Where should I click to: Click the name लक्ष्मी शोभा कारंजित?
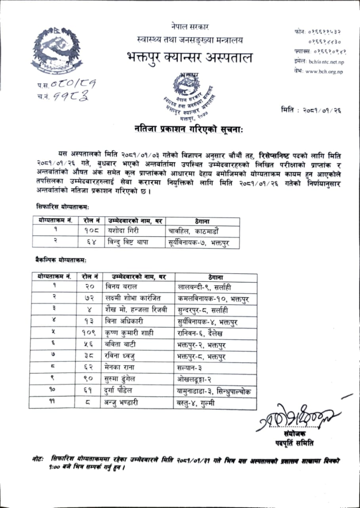[134, 299]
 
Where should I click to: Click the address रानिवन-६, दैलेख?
[201, 333]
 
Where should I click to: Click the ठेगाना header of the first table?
[200, 220]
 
